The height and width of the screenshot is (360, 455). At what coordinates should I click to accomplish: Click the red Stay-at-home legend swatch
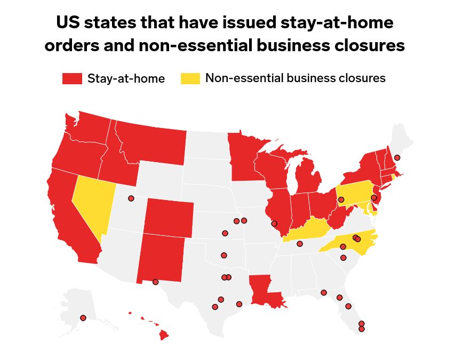click(x=72, y=78)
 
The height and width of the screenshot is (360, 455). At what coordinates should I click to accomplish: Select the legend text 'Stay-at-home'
click(x=126, y=79)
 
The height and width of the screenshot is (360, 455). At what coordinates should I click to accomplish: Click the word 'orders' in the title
click(x=69, y=45)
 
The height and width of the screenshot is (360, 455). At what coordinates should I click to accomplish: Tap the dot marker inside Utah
click(x=131, y=198)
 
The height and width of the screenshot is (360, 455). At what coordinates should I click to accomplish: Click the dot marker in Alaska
click(x=83, y=318)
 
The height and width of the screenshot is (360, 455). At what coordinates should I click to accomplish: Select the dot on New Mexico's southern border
click(x=155, y=282)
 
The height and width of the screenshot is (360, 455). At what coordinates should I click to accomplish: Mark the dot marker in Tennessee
click(x=300, y=244)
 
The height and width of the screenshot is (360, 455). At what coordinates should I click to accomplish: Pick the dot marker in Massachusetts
click(x=397, y=158)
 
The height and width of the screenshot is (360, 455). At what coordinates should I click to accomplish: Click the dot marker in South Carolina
click(x=344, y=258)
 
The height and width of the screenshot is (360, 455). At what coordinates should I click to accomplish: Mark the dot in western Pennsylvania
click(x=341, y=199)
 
